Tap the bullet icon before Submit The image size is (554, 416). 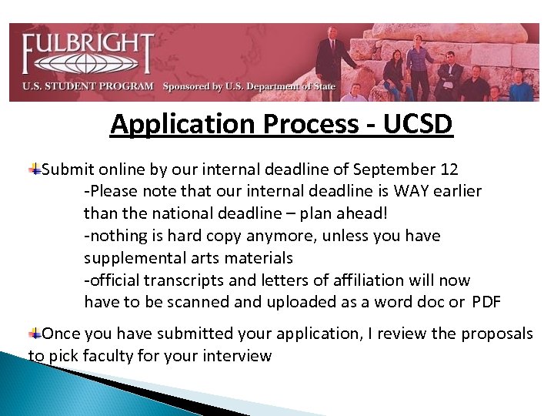click(x=35, y=169)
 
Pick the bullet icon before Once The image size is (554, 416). click(x=35, y=333)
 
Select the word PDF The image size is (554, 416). click(x=486, y=302)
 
